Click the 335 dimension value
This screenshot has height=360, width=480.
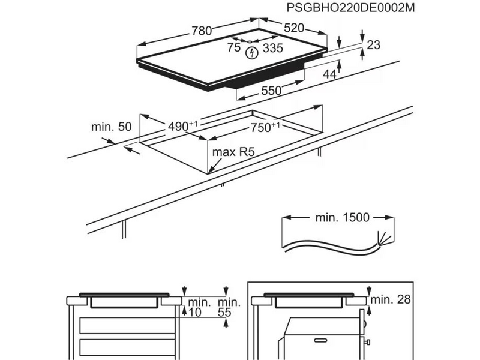[272, 47]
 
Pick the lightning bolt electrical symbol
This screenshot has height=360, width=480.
[253, 53]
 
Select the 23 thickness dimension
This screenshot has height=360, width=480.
[373, 45]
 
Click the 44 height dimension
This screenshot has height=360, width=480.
[329, 74]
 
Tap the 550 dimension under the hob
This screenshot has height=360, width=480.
[271, 92]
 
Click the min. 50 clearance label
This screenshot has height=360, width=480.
[111, 127]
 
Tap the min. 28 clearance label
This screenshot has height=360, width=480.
[391, 299]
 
